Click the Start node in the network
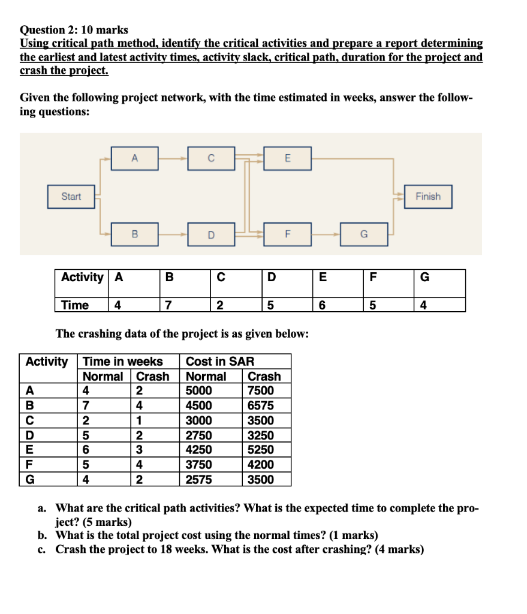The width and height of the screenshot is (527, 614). pos(71,197)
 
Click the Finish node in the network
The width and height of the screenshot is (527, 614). pos(427,197)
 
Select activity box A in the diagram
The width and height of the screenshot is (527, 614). pos(134,158)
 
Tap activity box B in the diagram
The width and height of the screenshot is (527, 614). pos(134,234)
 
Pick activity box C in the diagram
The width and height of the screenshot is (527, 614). pos(210,158)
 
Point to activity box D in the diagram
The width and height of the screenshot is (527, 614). pos(210,234)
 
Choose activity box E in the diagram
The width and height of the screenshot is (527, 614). pos(287,158)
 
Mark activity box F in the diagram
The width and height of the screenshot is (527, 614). pos(287,234)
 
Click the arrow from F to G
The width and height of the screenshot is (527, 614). pos(326,234)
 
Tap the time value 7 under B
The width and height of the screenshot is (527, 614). pos(169,305)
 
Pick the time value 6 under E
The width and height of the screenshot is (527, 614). pos(322,305)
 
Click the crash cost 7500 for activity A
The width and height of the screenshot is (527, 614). pos(260,391)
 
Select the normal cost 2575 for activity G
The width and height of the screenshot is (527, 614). pos(198,479)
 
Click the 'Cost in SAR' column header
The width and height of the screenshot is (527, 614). pos(220,362)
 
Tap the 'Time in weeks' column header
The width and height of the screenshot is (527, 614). pos(123,362)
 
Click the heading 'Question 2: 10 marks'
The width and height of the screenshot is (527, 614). pos(74,29)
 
